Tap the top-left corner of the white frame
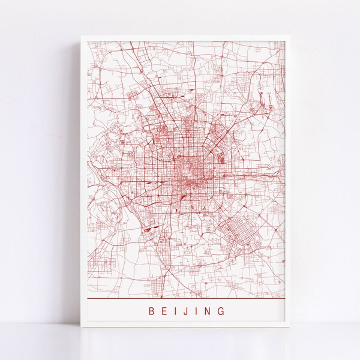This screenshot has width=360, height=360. (82, 36)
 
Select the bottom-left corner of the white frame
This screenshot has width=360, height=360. (82, 328)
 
